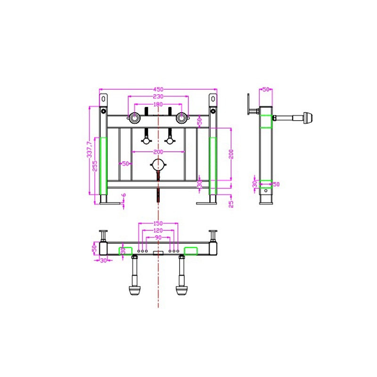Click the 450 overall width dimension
point(158,90)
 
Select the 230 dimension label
point(158,97)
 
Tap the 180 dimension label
point(158,104)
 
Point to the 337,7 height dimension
point(90,149)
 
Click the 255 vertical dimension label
point(95,166)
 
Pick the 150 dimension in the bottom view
point(158,223)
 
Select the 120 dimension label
point(158,230)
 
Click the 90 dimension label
point(158,238)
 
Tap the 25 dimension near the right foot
point(231,204)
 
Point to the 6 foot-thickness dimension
point(124,195)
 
